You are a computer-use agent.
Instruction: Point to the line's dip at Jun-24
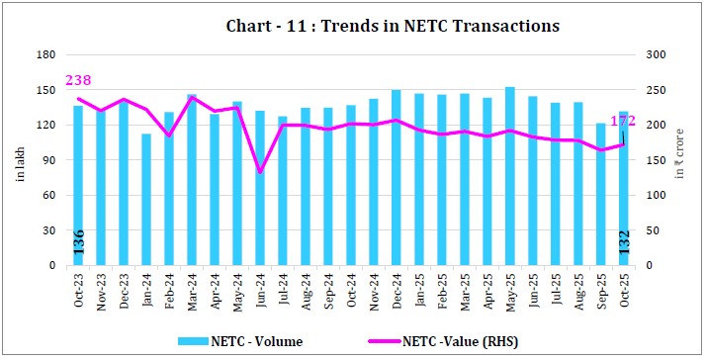click(260, 172)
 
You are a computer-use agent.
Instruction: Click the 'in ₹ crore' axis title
click(681, 161)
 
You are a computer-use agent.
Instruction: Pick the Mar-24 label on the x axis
click(192, 288)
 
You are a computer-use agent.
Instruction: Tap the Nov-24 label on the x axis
click(374, 288)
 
